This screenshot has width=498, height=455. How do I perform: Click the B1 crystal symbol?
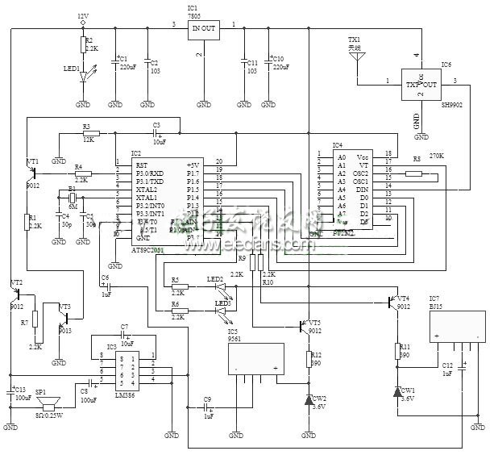pos(72,198)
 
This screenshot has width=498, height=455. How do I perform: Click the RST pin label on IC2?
pos(142,163)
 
